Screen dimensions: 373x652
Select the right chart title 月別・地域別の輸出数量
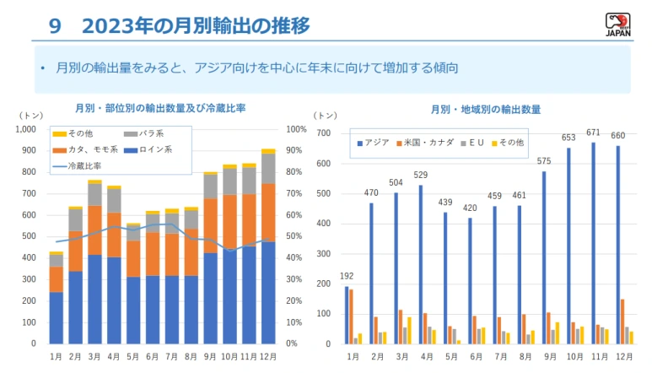point(485,109)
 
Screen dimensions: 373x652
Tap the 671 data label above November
point(595,132)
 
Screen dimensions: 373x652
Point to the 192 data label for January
point(346,276)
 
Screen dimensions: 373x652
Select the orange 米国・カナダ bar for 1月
point(351,316)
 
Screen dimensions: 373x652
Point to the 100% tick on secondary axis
point(296,129)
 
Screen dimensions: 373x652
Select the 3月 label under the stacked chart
point(94,358)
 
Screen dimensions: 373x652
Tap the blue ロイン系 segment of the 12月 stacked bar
point(267,292)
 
